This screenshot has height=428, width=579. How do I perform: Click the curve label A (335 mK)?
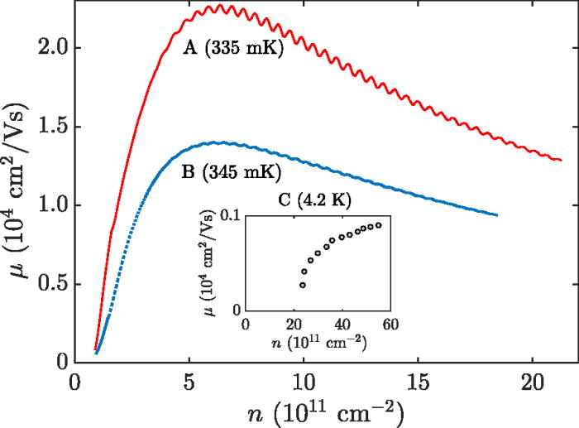click(233, 50)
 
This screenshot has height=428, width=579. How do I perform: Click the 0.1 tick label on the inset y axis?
click(228, 217)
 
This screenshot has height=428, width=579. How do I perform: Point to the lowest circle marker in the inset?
click(303, 285)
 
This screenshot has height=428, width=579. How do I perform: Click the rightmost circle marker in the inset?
click(379, 225)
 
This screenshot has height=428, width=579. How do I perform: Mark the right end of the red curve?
click(561, 160)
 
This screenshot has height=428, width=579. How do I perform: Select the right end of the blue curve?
click(497, 215)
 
